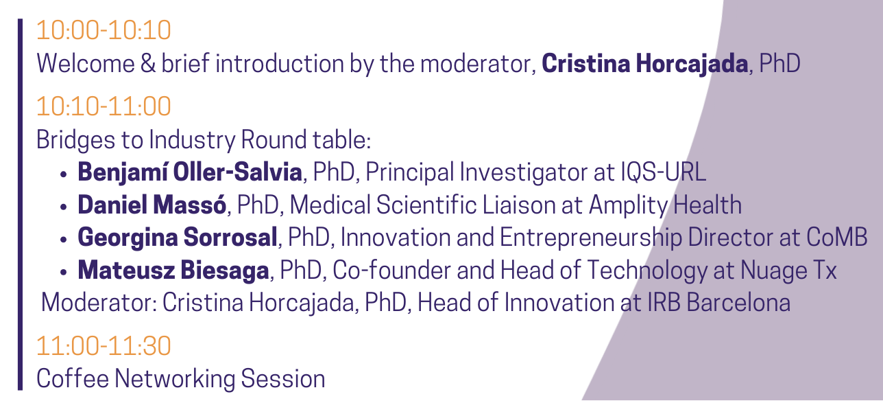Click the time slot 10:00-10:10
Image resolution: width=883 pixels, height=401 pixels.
(x=104, y=30)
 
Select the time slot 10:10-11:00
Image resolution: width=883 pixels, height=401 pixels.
(x=104, y=106)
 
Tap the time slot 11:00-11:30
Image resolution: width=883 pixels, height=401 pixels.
(x=104, y=346)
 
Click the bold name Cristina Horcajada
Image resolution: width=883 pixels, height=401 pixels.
(x=645, y=64)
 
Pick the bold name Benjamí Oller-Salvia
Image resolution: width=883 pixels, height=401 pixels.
(x=190, y=173)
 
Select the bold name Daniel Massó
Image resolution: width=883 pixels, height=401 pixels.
(x=152, y=205)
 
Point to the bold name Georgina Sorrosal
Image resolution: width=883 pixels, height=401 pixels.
(x=178, y=238)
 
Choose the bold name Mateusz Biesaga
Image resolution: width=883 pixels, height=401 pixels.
(x=173, y=271)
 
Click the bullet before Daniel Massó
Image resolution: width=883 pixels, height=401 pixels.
(x=64, y=207)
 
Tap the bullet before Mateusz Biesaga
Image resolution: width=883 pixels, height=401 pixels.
(x=64, y=273)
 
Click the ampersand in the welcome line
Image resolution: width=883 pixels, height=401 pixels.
(x=148, y=64)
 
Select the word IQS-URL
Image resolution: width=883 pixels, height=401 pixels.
(x=664, y=172)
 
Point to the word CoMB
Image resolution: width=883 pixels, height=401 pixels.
(x=837, y=238)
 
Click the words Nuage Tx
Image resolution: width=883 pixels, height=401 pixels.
(x=788, y=271)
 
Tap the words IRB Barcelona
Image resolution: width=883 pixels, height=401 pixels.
(x=719, y=303)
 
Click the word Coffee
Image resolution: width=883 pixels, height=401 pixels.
(x=73, y=378)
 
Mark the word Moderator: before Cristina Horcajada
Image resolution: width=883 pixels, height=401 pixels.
(x=99, y=303)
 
